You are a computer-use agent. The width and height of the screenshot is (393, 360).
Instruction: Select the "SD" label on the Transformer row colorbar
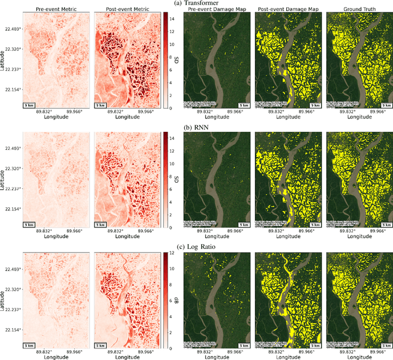(176, 59)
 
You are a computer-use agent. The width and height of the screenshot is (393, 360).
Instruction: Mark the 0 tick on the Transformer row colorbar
(166, 107)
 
